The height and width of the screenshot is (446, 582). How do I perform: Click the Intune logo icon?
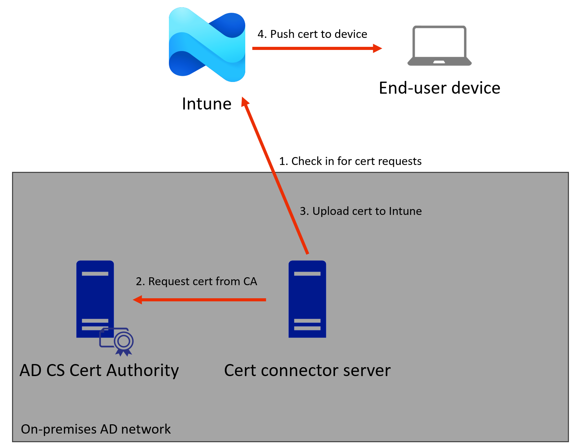click(x=207, y=45)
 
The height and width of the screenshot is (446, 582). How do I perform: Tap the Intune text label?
click(x=206, y=104)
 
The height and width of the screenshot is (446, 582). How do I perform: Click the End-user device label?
click(x=439, y=88)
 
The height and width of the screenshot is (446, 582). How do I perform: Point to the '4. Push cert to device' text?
click(x=312, y=34)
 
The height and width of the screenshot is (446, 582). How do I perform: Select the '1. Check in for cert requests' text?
click(x=350, y=161)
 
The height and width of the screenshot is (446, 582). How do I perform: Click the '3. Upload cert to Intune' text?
click(x=360, y=211)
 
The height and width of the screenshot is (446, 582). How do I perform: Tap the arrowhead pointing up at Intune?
click(x=245, y=102)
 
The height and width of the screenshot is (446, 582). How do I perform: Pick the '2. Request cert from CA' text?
click(x=196, y=281)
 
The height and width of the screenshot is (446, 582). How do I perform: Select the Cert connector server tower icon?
click(x=307, y=299)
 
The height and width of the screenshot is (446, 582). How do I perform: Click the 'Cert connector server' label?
click(x=307, y=371)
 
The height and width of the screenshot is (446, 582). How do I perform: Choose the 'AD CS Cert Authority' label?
click(x=99, y=371)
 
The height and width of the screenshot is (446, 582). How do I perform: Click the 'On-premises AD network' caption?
click(x=96, y=429)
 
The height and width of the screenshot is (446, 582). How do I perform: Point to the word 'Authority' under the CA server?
click(x=142, y=371)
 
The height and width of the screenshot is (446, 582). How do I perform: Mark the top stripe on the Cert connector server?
click(x=307, y=274)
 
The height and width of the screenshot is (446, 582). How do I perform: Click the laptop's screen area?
click(x=439, y=42)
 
